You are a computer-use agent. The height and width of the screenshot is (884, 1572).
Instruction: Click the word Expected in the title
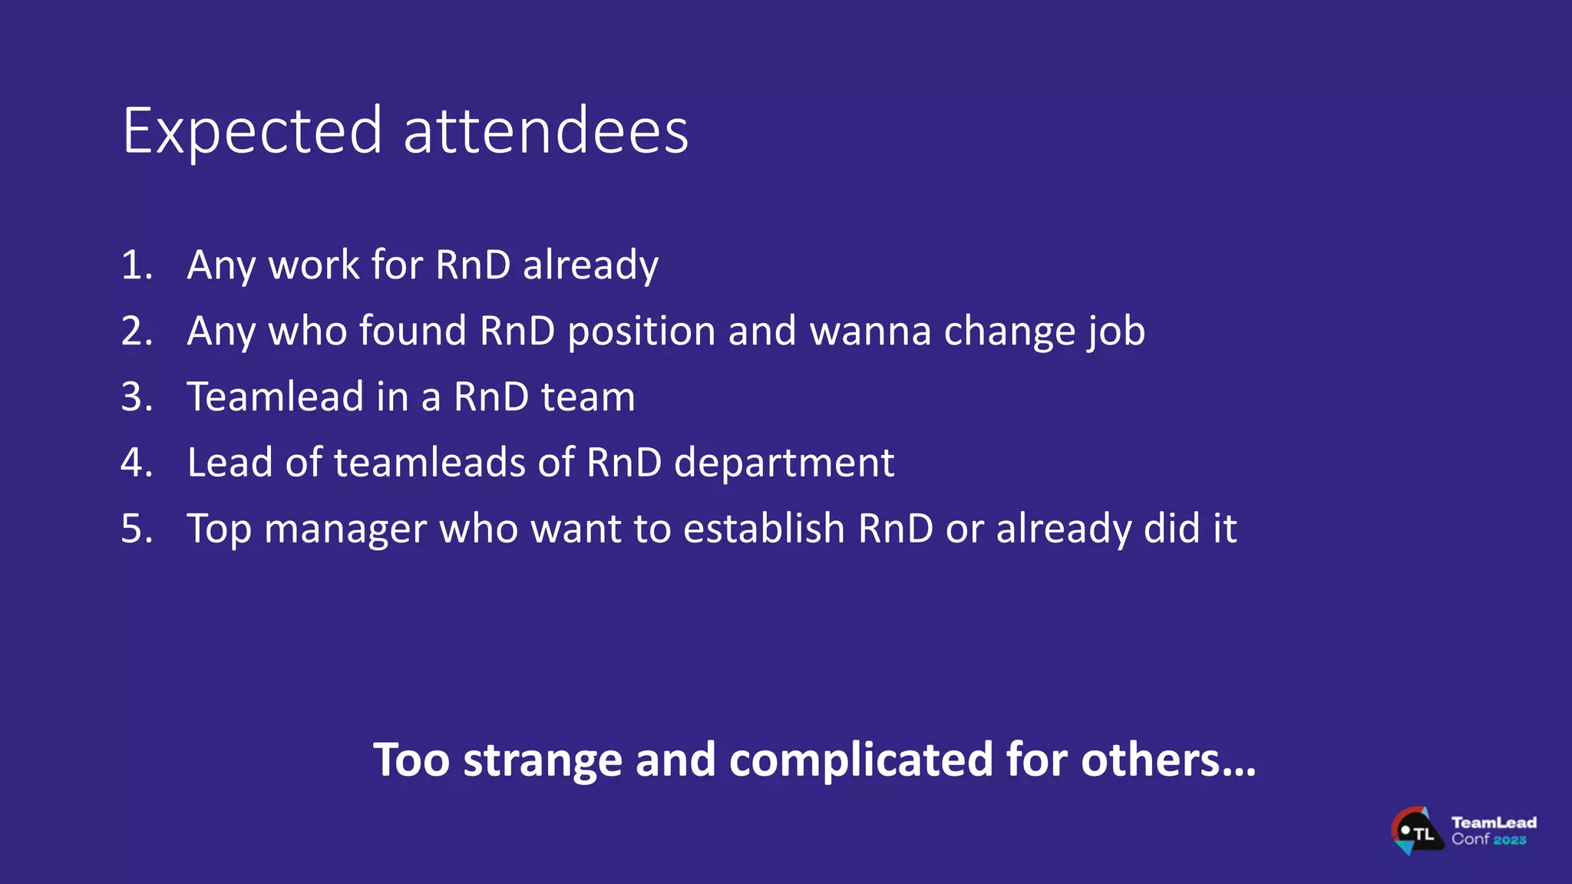pos(252,132)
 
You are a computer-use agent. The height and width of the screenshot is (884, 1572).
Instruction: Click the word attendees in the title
pos(546,132)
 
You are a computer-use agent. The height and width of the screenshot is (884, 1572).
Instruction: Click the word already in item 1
pos(590,266)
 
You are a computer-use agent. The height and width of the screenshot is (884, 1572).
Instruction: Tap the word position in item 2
pos(642,331)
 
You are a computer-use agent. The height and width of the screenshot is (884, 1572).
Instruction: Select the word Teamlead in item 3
pos(276,397)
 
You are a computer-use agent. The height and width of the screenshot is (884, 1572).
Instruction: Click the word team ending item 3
pos(588,397)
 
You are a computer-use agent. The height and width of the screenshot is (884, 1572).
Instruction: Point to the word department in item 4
pos(784,463)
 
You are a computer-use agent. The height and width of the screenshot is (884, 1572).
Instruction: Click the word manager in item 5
pos(345,529)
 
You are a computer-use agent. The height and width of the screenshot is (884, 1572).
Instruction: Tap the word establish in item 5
pos(764,529)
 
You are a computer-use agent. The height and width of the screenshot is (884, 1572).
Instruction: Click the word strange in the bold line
pos(542,760)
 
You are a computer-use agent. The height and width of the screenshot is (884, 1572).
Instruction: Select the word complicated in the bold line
pos(861,760)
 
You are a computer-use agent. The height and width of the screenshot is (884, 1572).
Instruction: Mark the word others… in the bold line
pos(1168,760)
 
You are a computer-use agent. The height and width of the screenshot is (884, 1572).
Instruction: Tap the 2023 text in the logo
pos(1510,840)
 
